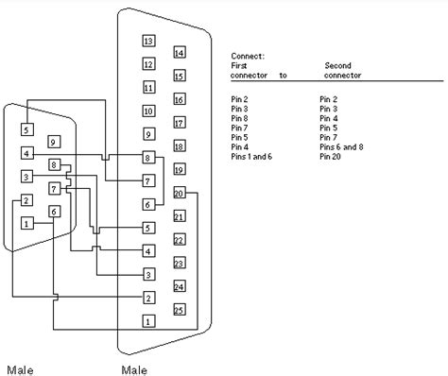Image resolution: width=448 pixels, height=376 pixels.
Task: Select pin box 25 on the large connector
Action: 180,308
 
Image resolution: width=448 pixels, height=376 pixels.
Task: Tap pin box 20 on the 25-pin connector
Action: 180,193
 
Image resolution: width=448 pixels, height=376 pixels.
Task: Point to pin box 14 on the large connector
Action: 180,52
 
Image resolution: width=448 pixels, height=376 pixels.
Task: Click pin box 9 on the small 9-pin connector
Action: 54,142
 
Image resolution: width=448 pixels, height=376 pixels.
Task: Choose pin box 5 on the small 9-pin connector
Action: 27,129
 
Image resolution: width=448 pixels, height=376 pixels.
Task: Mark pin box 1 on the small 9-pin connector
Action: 27,223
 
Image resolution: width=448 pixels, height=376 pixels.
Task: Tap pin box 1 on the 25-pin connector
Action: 148,321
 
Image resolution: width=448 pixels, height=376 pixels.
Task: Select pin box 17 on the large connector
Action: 180,123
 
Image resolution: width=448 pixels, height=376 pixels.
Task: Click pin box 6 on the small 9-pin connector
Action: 54,212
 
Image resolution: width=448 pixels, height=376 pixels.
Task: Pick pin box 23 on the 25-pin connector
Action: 180,263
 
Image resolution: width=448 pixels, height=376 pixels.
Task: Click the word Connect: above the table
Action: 247,58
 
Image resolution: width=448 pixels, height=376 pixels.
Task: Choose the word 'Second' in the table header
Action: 338,66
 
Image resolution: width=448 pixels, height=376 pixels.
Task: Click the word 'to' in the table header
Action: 284,75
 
